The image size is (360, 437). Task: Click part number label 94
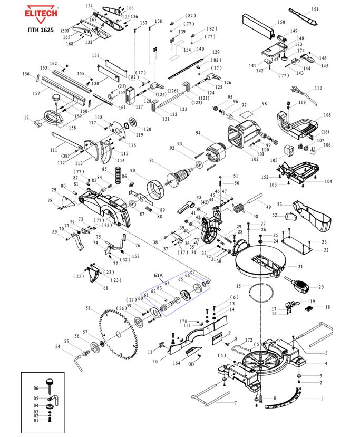point(198,133)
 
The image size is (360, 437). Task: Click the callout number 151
point(315,9)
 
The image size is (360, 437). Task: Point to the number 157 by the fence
point(36,93)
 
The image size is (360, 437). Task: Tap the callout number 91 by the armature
point(152,160)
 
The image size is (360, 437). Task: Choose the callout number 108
point(327,115)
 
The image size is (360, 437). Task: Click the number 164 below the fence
point(177,363)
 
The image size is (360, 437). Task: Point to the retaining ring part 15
point(260,292)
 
